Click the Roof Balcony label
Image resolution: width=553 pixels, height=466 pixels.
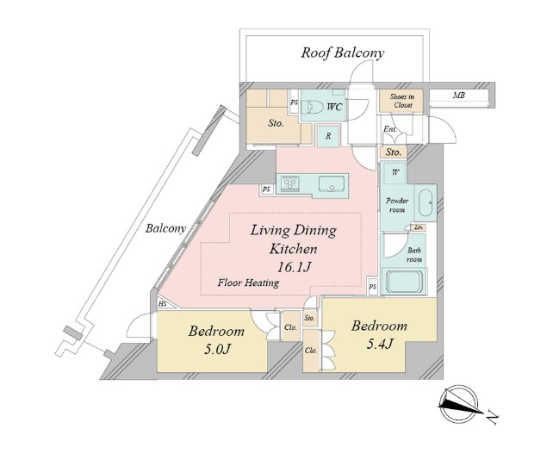point(342,53)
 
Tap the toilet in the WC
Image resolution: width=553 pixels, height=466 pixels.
point(314,107)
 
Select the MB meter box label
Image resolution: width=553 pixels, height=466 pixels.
point(458,95)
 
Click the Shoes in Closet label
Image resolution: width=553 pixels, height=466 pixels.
point(401,101)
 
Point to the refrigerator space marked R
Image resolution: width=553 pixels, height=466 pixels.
point(328,136)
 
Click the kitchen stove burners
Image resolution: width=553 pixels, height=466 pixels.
point(290,183)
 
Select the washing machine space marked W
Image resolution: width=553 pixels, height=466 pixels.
point(395,172)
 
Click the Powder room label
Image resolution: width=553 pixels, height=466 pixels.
point(397,205)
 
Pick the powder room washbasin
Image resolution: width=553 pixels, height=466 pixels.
point(426,202)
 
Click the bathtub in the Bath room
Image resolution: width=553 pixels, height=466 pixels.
point(405,282)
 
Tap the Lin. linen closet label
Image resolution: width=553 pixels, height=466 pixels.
point(419,228)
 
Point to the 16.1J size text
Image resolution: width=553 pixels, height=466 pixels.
point(294,267)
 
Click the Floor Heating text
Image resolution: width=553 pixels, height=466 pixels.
point(248,283)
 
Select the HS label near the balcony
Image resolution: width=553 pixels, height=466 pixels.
point(162,304)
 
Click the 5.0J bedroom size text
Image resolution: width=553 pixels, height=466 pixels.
point(217,349)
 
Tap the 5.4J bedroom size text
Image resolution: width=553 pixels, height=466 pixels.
point(380,344)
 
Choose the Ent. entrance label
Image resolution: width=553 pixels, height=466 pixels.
point(390,129)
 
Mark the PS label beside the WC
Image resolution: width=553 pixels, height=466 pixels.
point(294,103)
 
